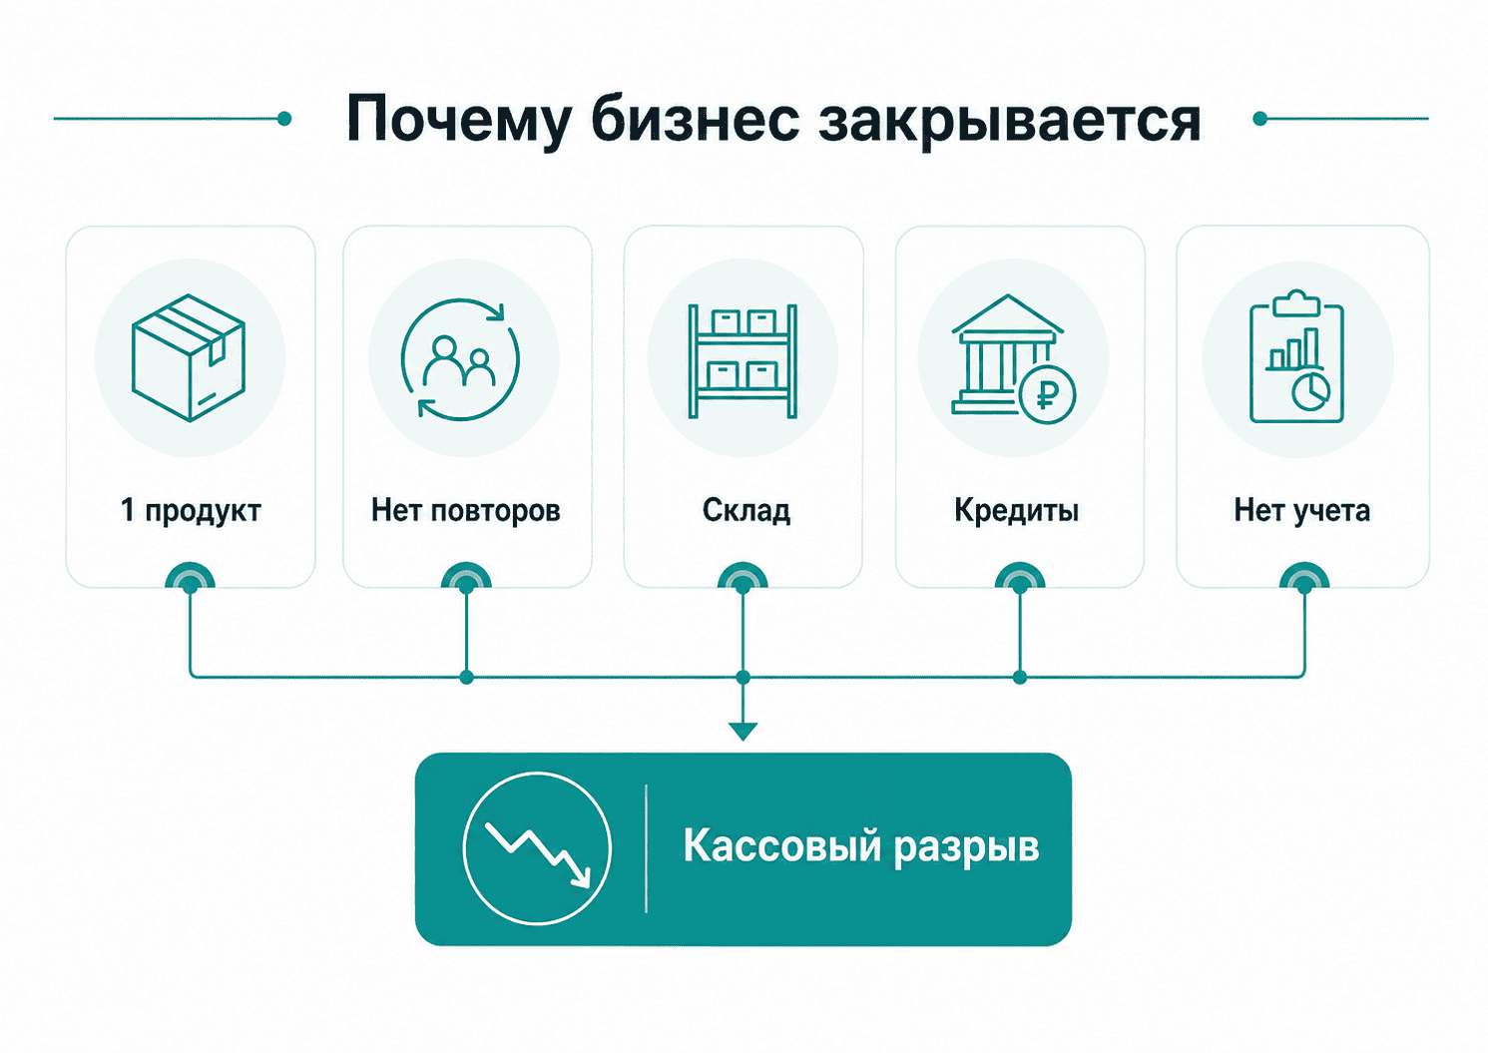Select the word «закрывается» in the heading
point(1009,121)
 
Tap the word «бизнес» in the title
point(695,120)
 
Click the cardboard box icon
point(190,357)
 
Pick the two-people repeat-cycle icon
point(460,359)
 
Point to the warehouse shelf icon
point(743,360)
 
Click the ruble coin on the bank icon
point(1047,394)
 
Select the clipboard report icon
point(1296,356)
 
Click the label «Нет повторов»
point(466,511)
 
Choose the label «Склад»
point(745,511)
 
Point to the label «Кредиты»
point(1016,511)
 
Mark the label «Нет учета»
point(1302,511)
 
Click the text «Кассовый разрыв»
point(861,846)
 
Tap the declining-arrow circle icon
point(537,848)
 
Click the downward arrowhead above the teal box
point(743,731)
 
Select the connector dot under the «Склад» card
point(743,585)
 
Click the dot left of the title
point(284,119)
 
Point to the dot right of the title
point(1259,119)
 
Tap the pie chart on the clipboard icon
point(1310,391)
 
